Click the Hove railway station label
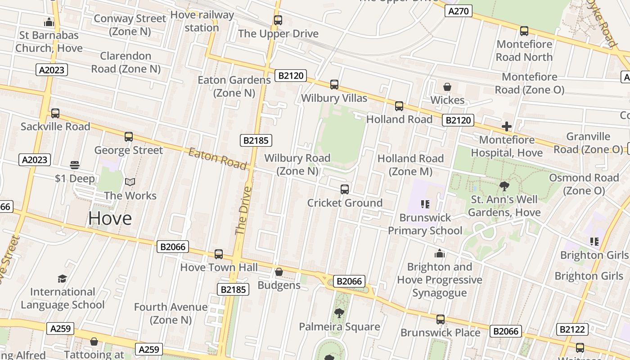coord(202,21)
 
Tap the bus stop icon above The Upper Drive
coord(278,20)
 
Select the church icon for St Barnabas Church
coord(49,22)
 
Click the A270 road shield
coord(459,11)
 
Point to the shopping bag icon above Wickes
coord(447,87)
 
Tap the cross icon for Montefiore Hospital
coord(507,126)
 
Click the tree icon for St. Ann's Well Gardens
coord(504,186)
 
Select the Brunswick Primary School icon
coord(425,204)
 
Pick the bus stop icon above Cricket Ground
coord(345,189)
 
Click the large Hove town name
coord(110,218)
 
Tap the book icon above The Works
coord(130,182)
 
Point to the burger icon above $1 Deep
coord(75,165)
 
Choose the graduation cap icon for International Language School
coord(63,279)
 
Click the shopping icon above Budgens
coord(279,272)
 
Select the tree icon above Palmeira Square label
coord(339,313)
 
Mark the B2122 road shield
coord(572,329)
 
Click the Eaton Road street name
coord(218,159)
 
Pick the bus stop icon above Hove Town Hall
coord(219,254)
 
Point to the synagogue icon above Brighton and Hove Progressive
coord(440,254)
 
